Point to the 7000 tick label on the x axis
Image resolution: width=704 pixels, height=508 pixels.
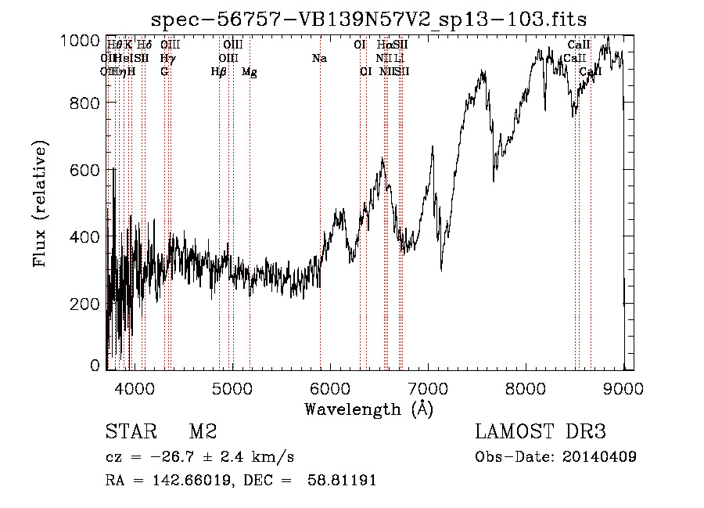pyautogui.click(x=428, y=387)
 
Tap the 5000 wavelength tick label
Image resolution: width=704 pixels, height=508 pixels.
pyautogui.click(x=232, y=387)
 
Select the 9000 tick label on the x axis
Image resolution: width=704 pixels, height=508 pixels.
pyautogui.click(x=623, y=387)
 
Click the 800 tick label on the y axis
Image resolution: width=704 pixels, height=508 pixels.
pyautogui.click(x=86, y=103)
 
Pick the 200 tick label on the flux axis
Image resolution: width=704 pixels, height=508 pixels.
pyautogui.click(x=86, y=304)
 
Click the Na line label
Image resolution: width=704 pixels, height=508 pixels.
pyautogui.click(x=319, y=59)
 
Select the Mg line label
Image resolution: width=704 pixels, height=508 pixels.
pyautogui.click(x=249, y=72)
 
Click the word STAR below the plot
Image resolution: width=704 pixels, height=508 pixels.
pyautogui.click(x=129, y=432)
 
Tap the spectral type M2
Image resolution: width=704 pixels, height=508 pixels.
pyautogui.click(x=203, y=432)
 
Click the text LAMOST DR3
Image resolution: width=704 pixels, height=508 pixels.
pyautogui.click(x=541, y=432)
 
